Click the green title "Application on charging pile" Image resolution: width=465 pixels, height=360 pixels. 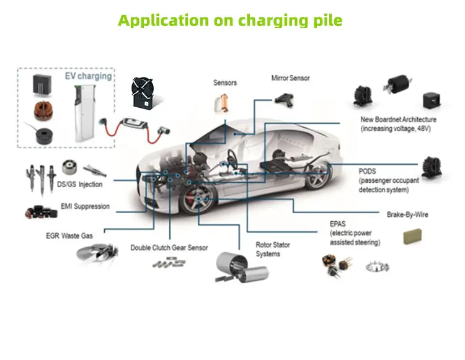[x=230, y=20]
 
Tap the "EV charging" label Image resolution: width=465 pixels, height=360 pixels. [x=88, y=76]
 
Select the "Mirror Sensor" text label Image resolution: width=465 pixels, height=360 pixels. [x=290, y=78]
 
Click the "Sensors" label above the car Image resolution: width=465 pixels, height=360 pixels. [x=225, y=82]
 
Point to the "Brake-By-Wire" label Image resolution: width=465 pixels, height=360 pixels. [x=407, y=215]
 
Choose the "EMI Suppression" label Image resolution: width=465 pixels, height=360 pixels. [x=85, y=206]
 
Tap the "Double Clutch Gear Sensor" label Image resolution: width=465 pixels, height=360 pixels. [x=169, y=248]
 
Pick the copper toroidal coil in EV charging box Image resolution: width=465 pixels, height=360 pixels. [x=42, y=112]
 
